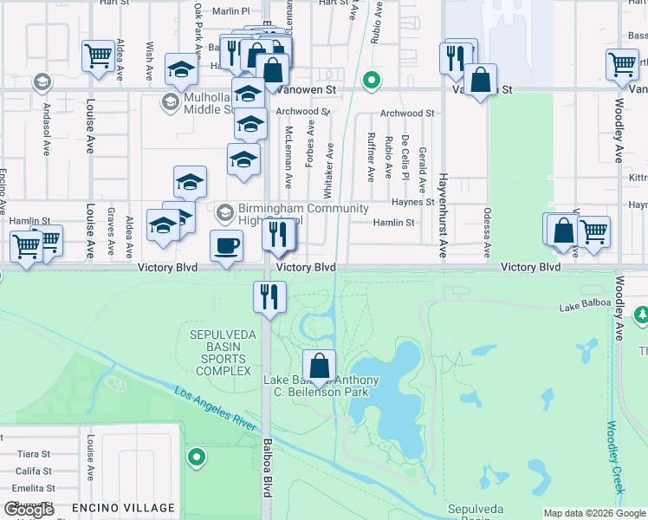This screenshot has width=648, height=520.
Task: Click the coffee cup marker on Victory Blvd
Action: pyautogui.click(x=226, y=246)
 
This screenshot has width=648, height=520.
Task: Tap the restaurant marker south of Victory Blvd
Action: pyautogui.click(x=269, y=297)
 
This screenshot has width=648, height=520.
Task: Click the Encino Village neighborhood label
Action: pyautogui.click(x=123, y=508)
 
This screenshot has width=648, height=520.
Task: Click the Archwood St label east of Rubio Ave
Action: pyautogui.click(x=406, y=114)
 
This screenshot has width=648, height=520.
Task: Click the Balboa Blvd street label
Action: pyautogui.click(x=267, y=469)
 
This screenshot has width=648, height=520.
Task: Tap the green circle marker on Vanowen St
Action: pyautogui.click(x=371, y=82)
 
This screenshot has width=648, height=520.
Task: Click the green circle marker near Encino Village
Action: pyautogui.click(x=197, y=456)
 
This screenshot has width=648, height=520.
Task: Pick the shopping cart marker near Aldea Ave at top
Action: pyautogui.click(x=99, y=55)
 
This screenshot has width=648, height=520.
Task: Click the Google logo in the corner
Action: pyautogui.click(x=29, y=510)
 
